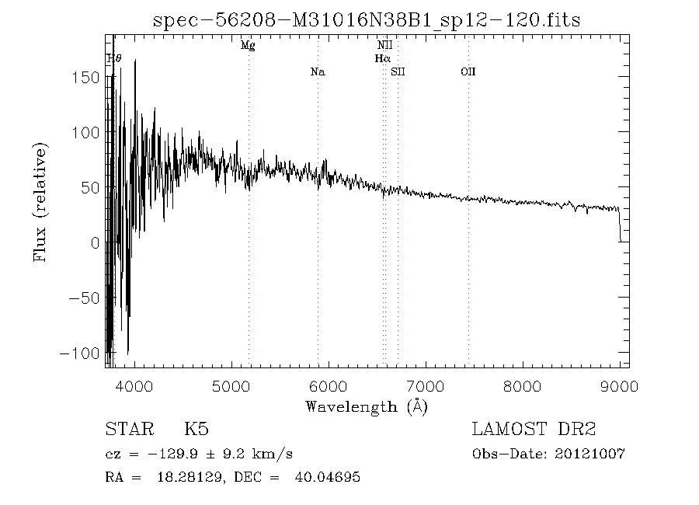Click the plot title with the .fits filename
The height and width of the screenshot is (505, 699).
click(x=367, y=19)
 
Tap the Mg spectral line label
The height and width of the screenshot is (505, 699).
click(x=248, y=46)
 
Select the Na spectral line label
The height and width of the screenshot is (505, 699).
click(x=317, y=72)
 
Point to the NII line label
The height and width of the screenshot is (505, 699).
click(x=384, y=46)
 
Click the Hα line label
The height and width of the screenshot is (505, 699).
click(x=382, y=58)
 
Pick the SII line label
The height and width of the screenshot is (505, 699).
click(x=398, y=72)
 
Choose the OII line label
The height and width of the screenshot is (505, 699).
click(x=468, y=72)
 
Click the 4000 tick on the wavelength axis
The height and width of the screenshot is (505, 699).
click(x=134, y=386)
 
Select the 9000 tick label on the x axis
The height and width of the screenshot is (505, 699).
click(x=619, y=386)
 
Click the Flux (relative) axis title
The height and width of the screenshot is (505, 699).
click(x=40, y=201)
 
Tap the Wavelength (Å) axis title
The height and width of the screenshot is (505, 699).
click(x=367, y=406)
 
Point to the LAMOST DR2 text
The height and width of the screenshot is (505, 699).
click(x=534, y=430)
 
